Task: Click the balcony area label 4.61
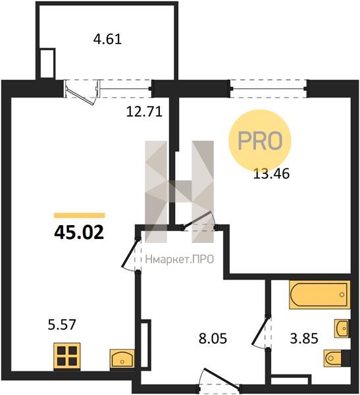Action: pos(107,39)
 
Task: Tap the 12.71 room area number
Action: pos(144,112)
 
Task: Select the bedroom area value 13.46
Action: pos(271,174)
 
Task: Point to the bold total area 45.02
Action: pos(79,232)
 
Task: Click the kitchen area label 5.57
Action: pos(62,325)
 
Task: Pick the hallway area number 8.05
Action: pos(213,338)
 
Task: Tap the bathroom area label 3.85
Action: pos(304,338)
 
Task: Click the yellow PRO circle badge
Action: pos(260,141)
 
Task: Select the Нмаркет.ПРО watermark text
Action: pos(180,259)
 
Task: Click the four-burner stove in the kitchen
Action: pos(67,356)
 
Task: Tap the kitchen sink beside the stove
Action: pos(122,357)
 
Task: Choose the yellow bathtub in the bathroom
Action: pos(320,294)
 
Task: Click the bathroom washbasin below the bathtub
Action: pos(342,329)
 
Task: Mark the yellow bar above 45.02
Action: pos(80,215)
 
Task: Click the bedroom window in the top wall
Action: pos(269,89)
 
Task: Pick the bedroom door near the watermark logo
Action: pos(199,221)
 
